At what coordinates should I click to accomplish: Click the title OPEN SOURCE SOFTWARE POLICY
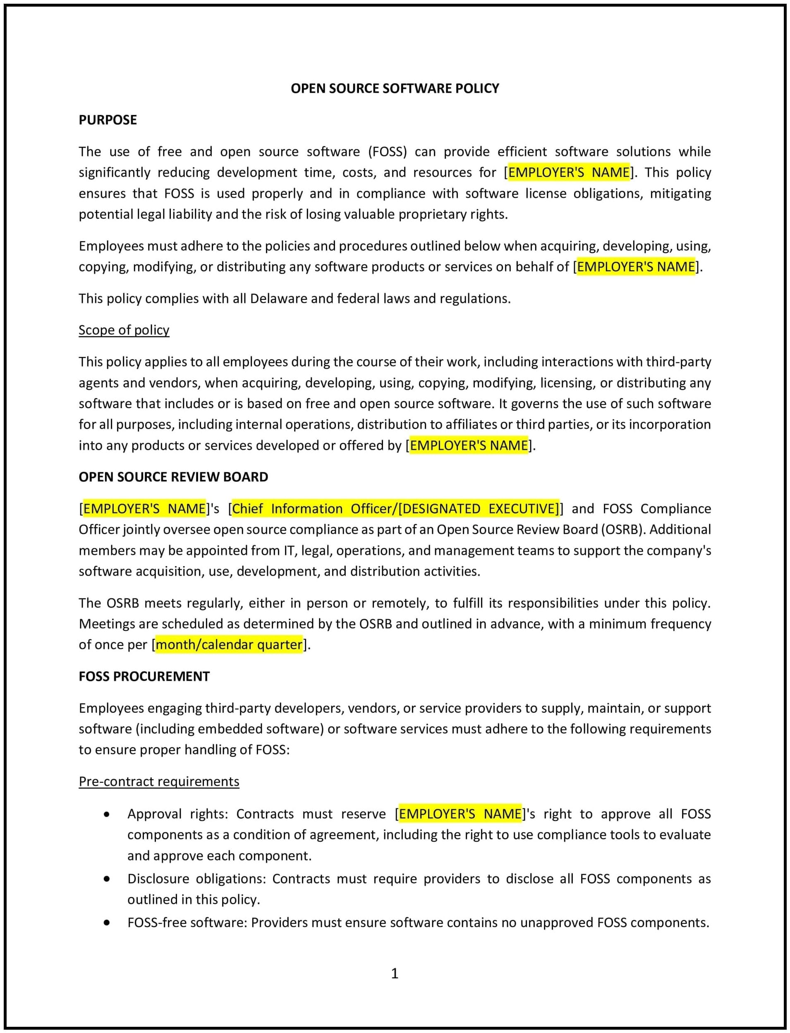tap(395, 88)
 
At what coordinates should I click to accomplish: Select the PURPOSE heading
tap(108, 120)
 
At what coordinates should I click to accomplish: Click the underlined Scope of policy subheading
tap(124, 330)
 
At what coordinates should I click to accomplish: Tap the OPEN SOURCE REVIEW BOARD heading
tap(173, 477)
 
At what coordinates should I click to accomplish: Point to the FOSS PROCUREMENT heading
tap(144, 676)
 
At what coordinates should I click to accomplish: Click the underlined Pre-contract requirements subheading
tap(159, 782)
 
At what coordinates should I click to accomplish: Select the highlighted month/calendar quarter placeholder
tap(229, 645)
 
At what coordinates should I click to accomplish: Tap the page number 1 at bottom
tap(395, 973)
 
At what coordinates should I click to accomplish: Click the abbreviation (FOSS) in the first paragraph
tap(388, 151)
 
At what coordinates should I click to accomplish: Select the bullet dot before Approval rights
tap(107, 814)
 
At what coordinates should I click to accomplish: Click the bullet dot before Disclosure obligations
tap(107, 878)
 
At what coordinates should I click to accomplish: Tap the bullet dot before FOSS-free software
tap(107, 923)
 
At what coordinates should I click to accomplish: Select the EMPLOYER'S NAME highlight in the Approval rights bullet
tap(460, 814)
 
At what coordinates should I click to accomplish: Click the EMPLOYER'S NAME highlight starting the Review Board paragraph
tap(144, 509)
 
